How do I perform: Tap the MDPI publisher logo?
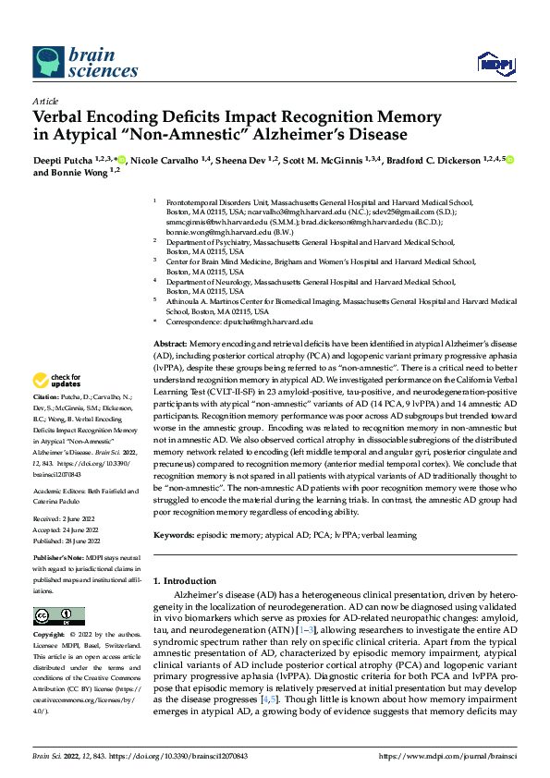492,63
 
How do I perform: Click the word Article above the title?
45,102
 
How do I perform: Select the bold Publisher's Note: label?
58,560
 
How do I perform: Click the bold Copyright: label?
51,638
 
